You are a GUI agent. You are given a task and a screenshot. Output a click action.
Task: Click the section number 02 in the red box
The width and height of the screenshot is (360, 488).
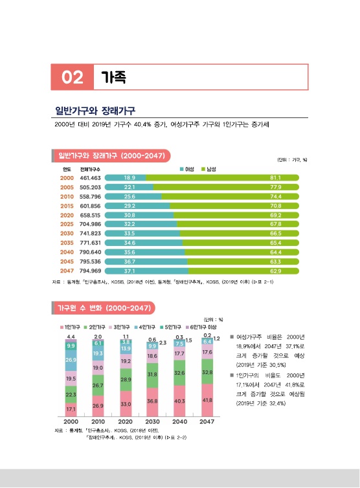pos(73,78)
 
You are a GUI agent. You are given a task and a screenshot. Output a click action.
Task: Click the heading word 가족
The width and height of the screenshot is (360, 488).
pos(113,78)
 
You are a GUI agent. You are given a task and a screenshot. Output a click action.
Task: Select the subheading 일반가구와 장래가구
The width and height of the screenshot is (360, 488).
pos(99,110)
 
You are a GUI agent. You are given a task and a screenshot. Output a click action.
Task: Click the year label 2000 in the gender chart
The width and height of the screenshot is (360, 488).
pos(67,177)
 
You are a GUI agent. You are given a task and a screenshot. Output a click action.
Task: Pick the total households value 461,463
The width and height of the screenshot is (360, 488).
pos(90,177)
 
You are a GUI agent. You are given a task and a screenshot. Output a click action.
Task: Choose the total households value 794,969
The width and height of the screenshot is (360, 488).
pos(90,271)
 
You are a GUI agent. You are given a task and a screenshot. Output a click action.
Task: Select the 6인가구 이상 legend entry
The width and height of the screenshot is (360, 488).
pos(203,327)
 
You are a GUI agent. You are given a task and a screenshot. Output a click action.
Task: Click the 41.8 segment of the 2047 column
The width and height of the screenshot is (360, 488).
pos(207,400)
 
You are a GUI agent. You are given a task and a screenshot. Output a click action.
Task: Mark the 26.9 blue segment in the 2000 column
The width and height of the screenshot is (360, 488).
pos(71,360)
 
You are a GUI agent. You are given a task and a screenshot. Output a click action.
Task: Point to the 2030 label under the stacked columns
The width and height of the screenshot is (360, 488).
pos(153,421)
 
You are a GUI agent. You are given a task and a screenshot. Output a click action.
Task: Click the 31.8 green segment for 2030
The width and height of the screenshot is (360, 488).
pos(153,375)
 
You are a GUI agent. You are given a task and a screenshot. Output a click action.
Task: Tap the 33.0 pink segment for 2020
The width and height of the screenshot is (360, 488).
pos(126,404)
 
